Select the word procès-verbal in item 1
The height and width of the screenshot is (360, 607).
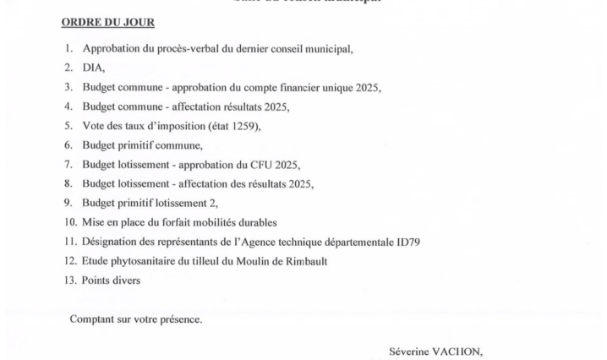pyautogui.click(x=184, y=49)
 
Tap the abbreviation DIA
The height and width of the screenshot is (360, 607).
pyautogui.click(x=93, y=68)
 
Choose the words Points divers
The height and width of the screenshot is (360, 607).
pyautogui.click(x=112, y=280)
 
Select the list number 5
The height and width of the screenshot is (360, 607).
pyautogui.click(x=68, y=126)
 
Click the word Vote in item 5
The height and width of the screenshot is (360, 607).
pyautogui.click(x=94, y=126)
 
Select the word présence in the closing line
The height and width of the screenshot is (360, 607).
pyautogui.click(x=181, y=319)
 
